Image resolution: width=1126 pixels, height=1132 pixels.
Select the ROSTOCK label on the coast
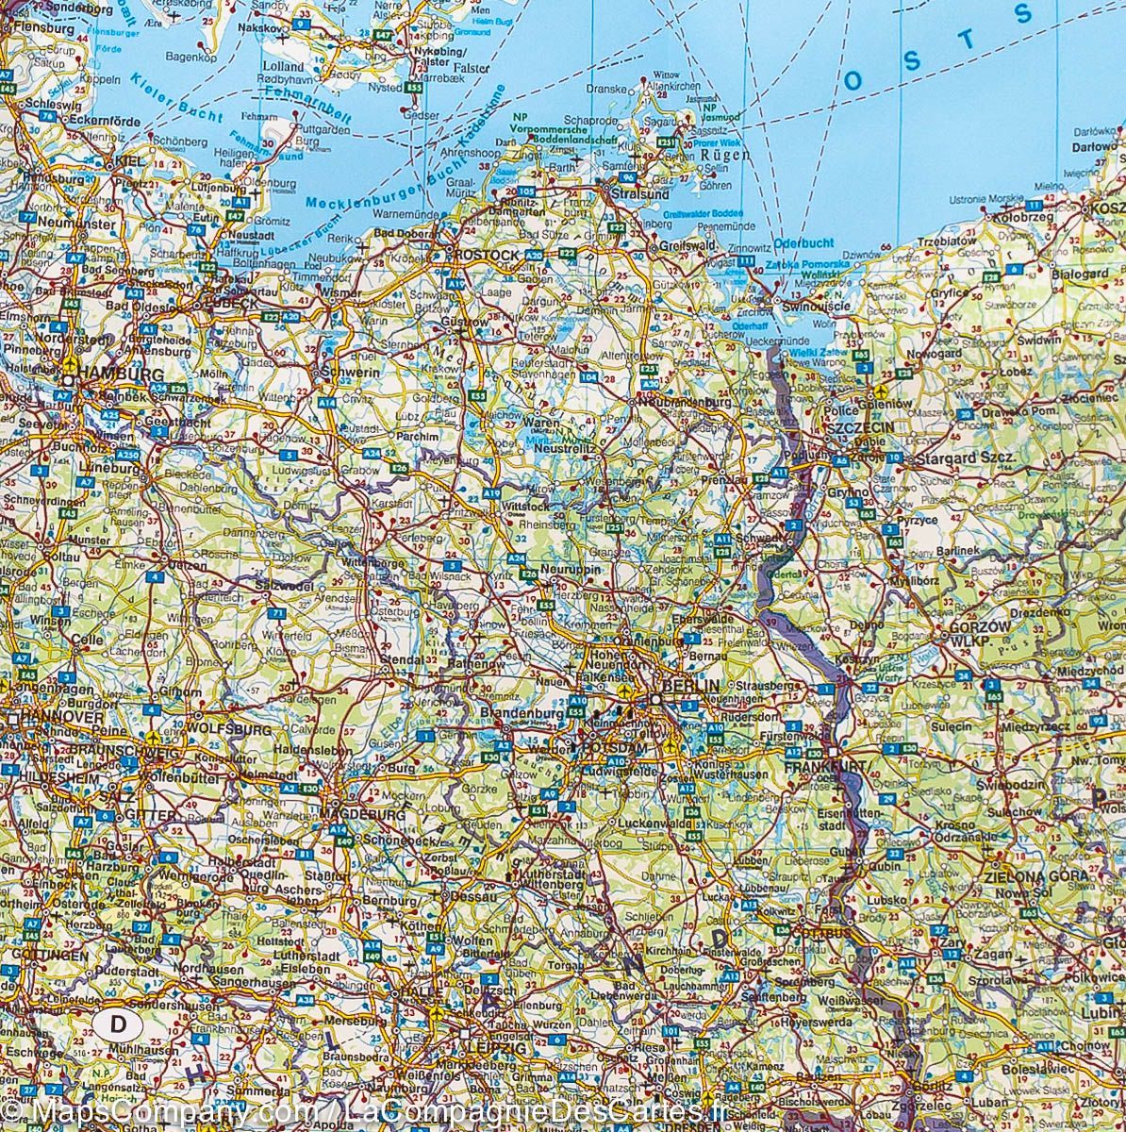(488, 255)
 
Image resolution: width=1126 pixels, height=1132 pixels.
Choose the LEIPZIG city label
(495, 1048)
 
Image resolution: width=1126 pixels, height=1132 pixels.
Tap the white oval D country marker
(118, 1023)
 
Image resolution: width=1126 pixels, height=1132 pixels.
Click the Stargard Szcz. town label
(969, 458)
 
